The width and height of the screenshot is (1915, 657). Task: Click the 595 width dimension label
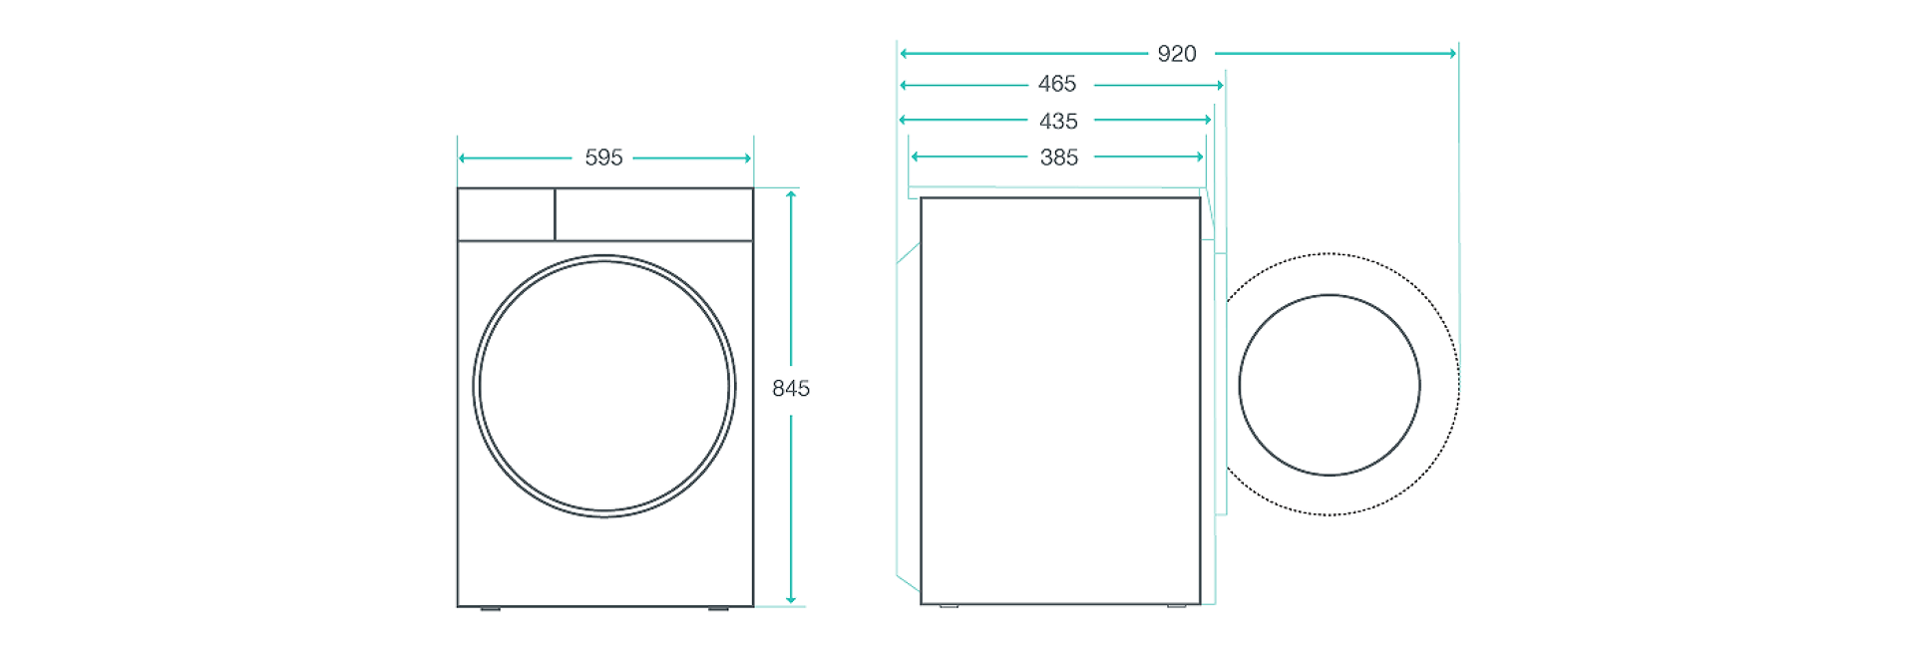click(x=603, y=158)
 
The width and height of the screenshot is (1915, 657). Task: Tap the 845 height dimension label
click(x=791, y=389)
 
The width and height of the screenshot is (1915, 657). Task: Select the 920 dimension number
click(x=1177, y=54)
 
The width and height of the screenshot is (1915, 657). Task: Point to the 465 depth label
click(x=1057, y=85)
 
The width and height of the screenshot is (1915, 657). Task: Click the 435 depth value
click(x=1058, y=122)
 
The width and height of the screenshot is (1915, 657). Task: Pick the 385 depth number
click(x=1059, y=158)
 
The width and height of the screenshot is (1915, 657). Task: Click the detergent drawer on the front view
click(x=507, y=214)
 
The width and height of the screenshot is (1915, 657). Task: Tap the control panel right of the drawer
click(x=653, y=214)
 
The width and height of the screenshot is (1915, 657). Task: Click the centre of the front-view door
click(x=604, y=387)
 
